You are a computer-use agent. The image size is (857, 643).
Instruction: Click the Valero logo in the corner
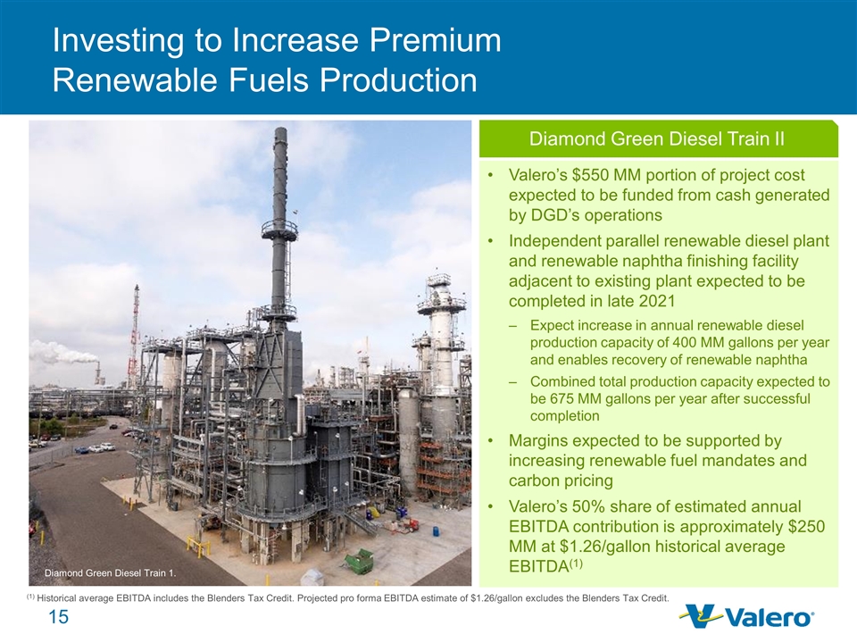746,616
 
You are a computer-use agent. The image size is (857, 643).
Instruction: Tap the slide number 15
59,617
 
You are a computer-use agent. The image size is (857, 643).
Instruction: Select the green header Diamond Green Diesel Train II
658,139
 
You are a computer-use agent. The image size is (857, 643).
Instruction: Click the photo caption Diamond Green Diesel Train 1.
110,573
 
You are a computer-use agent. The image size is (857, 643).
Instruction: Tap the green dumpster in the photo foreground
359,562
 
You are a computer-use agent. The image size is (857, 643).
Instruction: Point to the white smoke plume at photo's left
62,354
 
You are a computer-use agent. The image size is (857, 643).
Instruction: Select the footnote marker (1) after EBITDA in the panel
576,563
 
